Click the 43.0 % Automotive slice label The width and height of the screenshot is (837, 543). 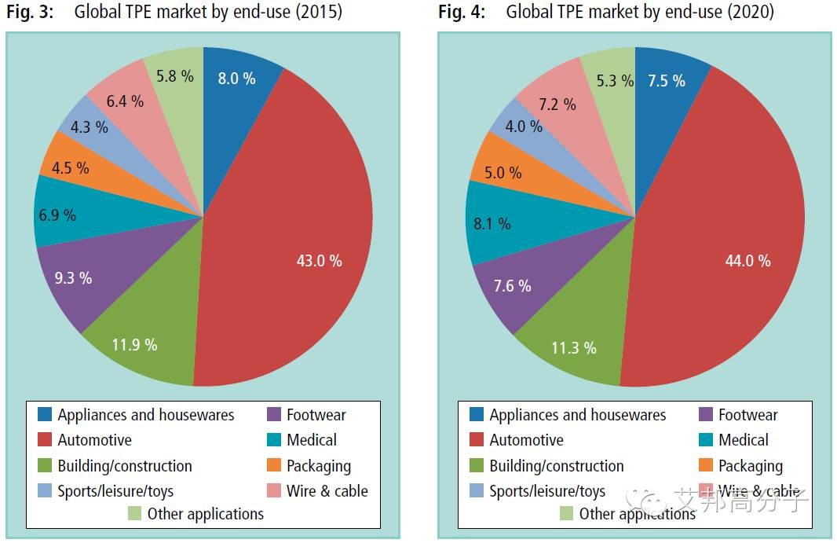point(319,261)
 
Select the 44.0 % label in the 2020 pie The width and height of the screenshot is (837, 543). point(747,261)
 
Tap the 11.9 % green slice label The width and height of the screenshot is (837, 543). point(133,344)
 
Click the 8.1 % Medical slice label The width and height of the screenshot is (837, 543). point(492,224)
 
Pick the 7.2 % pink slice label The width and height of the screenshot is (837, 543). point(557,104)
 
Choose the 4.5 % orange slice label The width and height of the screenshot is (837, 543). point(70,168)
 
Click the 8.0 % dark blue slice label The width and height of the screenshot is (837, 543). point(236,78)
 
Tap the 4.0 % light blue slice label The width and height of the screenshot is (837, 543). point(523,126)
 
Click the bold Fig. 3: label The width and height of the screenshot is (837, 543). point(30,13)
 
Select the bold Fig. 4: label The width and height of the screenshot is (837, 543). point(462,13)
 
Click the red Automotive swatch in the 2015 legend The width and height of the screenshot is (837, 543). point(44,440)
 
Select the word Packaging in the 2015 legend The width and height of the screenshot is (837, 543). point(318,466)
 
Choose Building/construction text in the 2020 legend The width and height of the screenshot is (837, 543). point(556,466)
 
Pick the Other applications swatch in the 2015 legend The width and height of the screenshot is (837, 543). point(134,514)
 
